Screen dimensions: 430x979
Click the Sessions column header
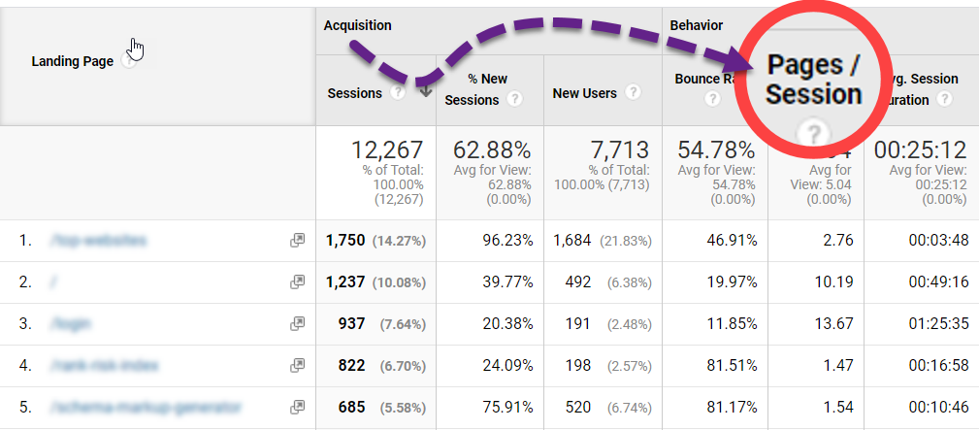354,93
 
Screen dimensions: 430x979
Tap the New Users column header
584,93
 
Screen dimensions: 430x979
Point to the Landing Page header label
73,61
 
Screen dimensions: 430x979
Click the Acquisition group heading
358,25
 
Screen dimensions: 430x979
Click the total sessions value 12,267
387,150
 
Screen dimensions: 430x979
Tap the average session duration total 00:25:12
920,150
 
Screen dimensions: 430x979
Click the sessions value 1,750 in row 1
346,241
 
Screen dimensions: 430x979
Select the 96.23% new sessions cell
507,241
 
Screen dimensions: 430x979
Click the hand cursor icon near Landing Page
136,49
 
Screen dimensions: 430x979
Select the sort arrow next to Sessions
425,92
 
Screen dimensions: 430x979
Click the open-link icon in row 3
297,324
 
